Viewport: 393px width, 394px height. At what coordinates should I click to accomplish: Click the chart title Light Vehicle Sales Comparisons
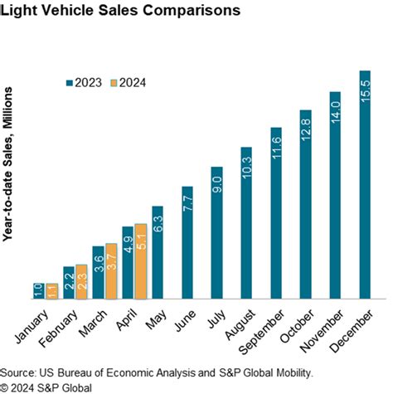(121, 12)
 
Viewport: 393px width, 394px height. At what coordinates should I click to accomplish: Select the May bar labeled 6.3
(158, 252)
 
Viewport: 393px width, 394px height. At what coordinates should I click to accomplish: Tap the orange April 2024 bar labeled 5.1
(140, 261)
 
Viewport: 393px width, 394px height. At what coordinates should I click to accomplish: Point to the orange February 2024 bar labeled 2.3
(80, 282)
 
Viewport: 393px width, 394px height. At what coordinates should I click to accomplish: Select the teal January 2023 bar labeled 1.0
(38, 291)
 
